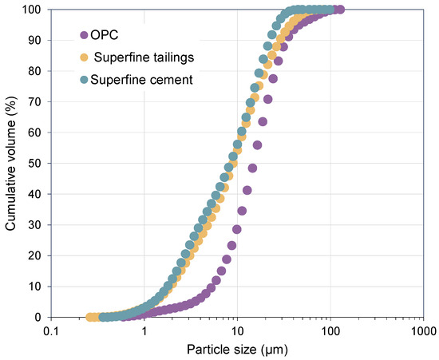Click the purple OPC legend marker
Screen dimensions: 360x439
pyautogui.click(x=84, y=34)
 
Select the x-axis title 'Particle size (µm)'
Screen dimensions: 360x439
pyautogui.click(x=236, y=349)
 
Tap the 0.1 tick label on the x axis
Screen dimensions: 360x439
pyautogui.click(x=51, y=330)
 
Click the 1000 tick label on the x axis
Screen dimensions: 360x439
pyautogui.click(x=422, y=330)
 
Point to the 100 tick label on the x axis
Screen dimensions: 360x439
pyautogui.click(x=330, y=330)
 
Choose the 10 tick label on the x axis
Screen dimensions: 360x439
pyautogui.click(x=236, y=330)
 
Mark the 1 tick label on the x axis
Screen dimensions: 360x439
pyautogui.click(x=144, y=330)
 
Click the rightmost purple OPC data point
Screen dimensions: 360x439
pyautogui.click(x=339, y=10)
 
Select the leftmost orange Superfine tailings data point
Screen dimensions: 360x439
pyautogui.click(x=91, y=317)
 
